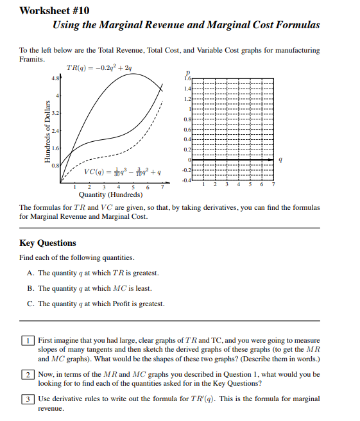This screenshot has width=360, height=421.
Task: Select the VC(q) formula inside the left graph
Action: (123, 172)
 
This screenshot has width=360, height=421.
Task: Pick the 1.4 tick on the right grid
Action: (187, 87)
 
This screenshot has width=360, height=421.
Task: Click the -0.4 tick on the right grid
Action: (187, 180)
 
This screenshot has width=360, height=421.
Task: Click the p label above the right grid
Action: (188, 72)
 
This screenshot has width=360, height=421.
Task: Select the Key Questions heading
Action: (47, 243)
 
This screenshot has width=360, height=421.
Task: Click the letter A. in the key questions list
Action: (31, 273)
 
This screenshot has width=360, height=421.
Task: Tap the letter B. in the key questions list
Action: (31, 288)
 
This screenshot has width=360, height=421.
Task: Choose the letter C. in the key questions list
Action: (31, 304)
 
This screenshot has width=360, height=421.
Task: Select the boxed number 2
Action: (28, 374)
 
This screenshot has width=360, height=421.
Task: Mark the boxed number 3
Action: (28, 399)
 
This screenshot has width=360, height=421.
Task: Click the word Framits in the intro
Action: (32, 59)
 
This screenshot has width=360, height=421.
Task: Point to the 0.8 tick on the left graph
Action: (56, 166)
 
